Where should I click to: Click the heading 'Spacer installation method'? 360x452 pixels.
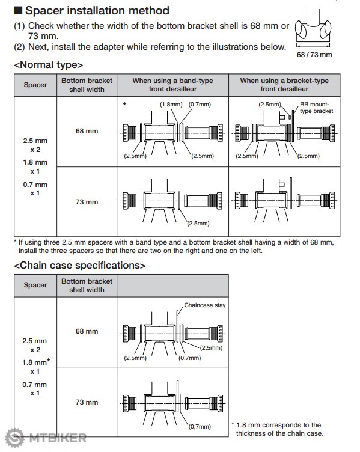pos(97,11)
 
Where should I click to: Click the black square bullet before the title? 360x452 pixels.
pos(18,11)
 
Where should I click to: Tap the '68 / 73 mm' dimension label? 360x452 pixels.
pos(314,55)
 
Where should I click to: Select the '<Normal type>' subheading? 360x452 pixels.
pos(49,64)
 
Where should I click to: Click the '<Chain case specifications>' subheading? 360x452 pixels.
pos(80,265)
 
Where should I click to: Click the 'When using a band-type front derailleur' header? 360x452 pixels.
pos(172,85)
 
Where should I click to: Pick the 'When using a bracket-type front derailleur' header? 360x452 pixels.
pos(284,85)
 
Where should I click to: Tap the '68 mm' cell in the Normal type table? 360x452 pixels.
pos(87,131)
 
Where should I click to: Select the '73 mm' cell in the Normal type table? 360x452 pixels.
pos(87,202)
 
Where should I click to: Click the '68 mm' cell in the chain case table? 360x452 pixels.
pos(87,331)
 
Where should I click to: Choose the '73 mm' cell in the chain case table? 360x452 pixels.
pos(87,402)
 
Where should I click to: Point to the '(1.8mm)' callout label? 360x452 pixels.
pos(171,105)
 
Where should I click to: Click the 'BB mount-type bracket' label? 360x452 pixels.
pos(316,108)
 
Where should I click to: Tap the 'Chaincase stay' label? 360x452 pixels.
pos(205,305)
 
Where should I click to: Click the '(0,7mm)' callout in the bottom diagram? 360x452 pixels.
pos(200,426)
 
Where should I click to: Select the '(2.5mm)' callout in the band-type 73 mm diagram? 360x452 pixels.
pos(198,223)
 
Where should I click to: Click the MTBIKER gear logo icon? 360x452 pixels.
pos(15,438)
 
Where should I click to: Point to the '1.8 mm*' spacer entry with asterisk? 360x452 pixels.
pos(36,362)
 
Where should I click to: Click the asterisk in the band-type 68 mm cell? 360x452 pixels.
pos(124,104)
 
